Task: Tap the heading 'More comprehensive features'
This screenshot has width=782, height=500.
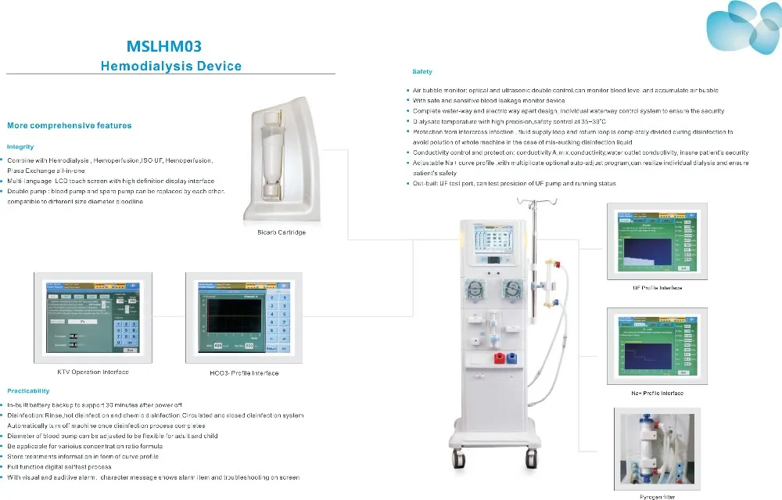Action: tap(70, 125)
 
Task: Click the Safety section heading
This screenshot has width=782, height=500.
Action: tap(422, 72)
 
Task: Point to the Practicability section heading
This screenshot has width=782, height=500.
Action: tap(28, 390)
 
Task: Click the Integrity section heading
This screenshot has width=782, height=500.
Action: tap(20, 146)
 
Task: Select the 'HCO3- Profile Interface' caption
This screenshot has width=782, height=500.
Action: tap(244, 372)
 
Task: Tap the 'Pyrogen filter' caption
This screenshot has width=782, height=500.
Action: tap(658, 496)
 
